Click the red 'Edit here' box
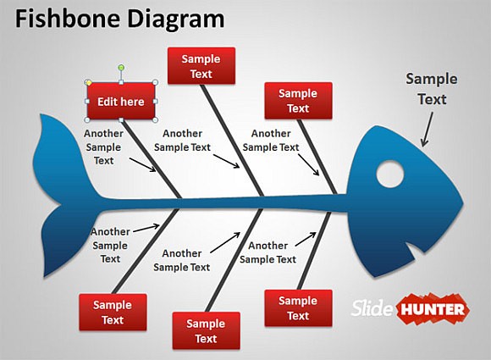point(121,102)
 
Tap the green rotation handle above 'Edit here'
point(121,67)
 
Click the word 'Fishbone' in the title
point(63,19)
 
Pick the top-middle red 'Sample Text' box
point(201,66)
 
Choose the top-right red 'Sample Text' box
point(298,101)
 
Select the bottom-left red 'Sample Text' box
point(113,313)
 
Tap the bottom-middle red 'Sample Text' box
point(206,330)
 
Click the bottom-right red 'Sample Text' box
point(298,308)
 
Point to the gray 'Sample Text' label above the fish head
point(431,89)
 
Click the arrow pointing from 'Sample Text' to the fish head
point(428,130)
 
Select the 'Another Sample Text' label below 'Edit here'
point(104,147)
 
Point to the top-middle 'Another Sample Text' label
point(182,140)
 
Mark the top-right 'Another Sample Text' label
point(271,140)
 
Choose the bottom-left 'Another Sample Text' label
point(111,245)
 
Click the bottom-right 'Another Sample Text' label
point(268,252)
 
